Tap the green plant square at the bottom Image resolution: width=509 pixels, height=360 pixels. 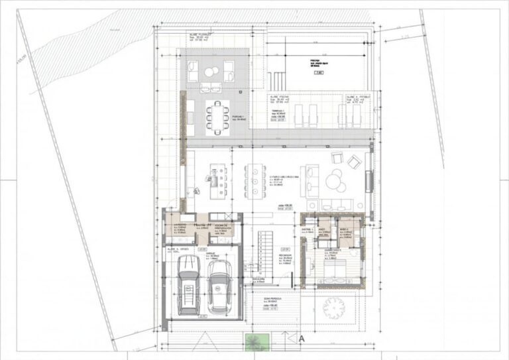(254, 342)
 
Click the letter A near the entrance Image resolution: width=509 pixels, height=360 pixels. (301, 338)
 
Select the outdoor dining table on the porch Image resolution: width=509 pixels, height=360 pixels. (215, 116)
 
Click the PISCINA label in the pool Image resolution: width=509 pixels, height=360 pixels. (314, 61)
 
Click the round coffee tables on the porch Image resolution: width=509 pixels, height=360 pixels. (210, 72)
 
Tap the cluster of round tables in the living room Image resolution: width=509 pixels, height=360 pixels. (335, 180)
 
